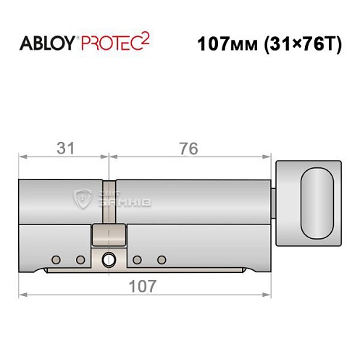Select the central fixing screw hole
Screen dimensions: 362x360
click(109, 258)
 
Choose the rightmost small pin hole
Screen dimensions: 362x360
click(162, 259)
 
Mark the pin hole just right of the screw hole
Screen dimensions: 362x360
click(137, 259)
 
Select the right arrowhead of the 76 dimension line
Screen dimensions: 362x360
click(269, 155)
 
